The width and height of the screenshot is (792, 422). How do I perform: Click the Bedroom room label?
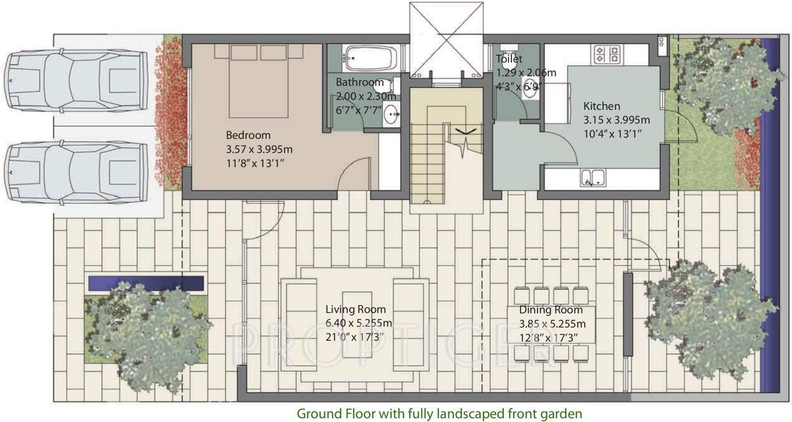tap(248, 135)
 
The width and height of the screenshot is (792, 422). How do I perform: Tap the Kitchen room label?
tap(602, 107)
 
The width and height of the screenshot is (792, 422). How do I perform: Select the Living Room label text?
tap(356, 309)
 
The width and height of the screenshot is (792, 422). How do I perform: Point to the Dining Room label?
tap(551, 310)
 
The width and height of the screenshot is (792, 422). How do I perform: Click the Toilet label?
tap(509, 59)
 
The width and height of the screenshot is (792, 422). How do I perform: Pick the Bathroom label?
tap(360, 82)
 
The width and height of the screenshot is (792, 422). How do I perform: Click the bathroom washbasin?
tap(391, 114)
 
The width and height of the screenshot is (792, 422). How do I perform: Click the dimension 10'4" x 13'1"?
tap(612, 132)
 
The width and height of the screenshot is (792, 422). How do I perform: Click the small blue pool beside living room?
tap(146, 282)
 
